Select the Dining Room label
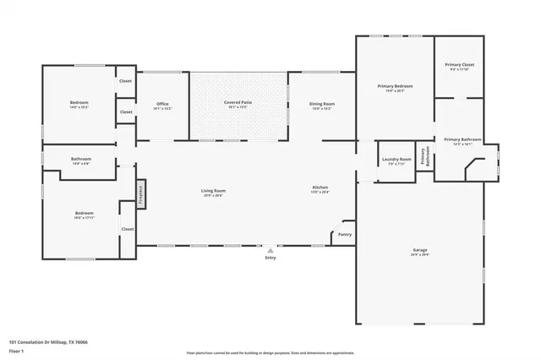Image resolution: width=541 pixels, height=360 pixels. (320, 105)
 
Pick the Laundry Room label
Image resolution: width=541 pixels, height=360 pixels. (396, 161)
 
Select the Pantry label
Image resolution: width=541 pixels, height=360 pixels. (344, 234)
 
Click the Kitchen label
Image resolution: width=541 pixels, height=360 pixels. (320, 188)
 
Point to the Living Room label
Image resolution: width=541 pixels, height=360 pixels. (213, 192)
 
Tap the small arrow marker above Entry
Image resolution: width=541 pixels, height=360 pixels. (270, 250)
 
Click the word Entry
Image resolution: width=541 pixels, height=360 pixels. (270, 257)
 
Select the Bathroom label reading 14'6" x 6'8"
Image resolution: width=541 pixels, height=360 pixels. (81, 161)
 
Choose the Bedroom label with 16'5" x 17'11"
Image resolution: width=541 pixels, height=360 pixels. (84, 215)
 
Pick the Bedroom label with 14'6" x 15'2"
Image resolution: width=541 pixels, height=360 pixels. (79, 106)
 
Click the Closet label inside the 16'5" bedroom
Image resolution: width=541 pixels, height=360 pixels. (127, 229)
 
